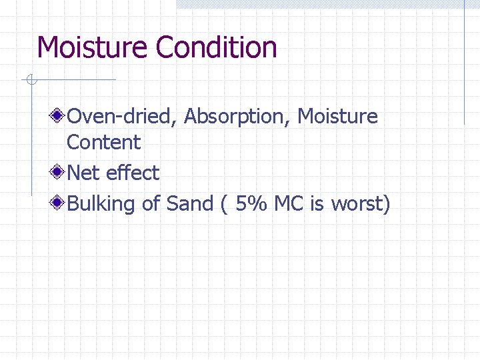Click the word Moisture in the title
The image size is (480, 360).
pyautogui.click(x=93, y=48)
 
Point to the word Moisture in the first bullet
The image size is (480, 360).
pyautogui.click(x=337, y=117)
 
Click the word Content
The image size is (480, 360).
pyautogui.click(x=104, y=142)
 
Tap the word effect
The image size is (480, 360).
pyautogui.click(x=133, y=173)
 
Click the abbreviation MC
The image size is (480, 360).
pyautogui.click(x=289, y=204)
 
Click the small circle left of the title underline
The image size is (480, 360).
pyautogui.click(x=30, y=81)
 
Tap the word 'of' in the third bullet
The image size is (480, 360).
pyautogui.click(x=151, y=204)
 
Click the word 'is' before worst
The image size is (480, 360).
pyautogui.click(x=317, y=204)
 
